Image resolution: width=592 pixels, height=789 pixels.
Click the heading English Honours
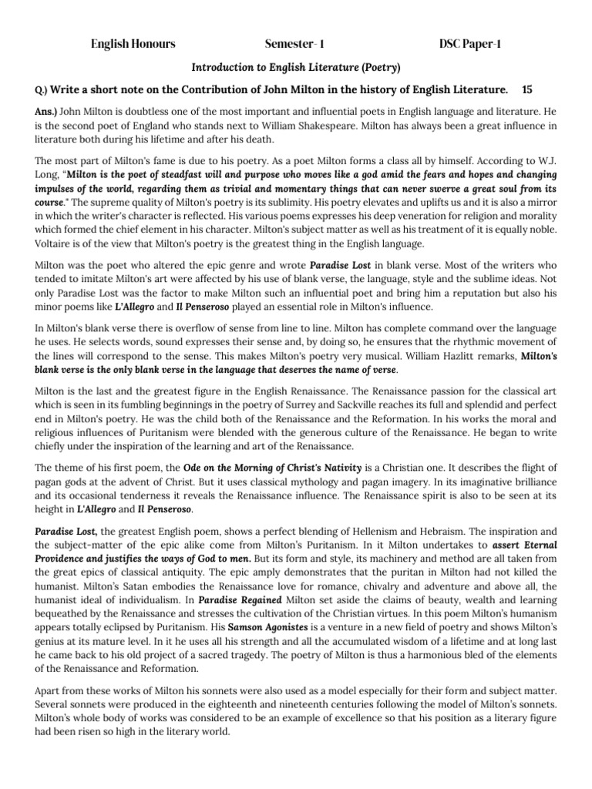coord(133,44)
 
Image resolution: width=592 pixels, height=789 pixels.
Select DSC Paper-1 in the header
coord(470,44)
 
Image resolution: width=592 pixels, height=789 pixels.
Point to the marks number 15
coord(528,90)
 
